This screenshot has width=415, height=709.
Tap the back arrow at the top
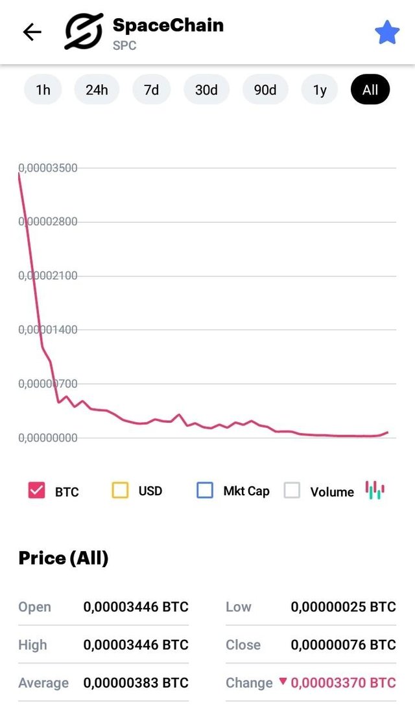(32, 32)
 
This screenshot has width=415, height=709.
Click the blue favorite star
(387, 32)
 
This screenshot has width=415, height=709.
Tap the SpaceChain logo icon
(84, 32)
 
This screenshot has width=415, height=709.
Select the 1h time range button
(43, 90)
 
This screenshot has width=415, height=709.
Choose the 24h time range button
(97, 90)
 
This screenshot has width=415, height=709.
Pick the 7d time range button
(151, 90)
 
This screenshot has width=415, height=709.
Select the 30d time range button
(206, 90)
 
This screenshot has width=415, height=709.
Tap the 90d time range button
(265, 90)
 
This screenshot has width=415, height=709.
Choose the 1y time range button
(320, 90)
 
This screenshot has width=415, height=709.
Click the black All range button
(370, 90)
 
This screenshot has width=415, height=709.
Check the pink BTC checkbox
(37, 490)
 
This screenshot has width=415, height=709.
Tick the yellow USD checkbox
(120, 490)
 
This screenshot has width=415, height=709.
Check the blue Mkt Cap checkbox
(204, 490)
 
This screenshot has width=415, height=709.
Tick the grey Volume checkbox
(292, 490)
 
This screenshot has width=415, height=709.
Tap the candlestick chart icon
(375, 490)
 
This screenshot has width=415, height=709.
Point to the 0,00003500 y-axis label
(48, 168)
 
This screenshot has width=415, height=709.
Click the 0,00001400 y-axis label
(48, 330)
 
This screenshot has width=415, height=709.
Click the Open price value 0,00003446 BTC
(136, 607)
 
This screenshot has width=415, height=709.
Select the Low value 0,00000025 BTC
(343, 607)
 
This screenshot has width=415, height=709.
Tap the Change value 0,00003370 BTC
(343, 683)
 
